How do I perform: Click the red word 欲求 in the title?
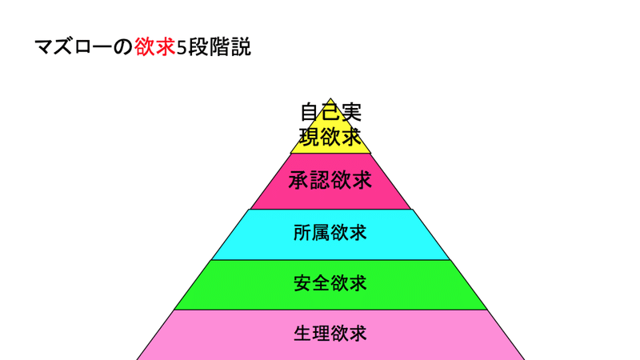[x=155, y=47]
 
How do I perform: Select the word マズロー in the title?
[x=74, y=47]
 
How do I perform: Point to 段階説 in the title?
[x=219, y=47]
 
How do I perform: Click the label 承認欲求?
[x=330, y=181]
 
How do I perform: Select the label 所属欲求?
[x=330, y=233]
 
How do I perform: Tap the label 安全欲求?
[x=330, y=283]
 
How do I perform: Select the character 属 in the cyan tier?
[x=319, y=233]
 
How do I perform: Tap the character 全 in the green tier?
[x=319, y=283]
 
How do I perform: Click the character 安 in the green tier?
[x=301, y=283]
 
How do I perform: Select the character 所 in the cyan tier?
[x=301, y=233]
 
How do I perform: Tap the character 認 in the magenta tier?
[x=319, y=181]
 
